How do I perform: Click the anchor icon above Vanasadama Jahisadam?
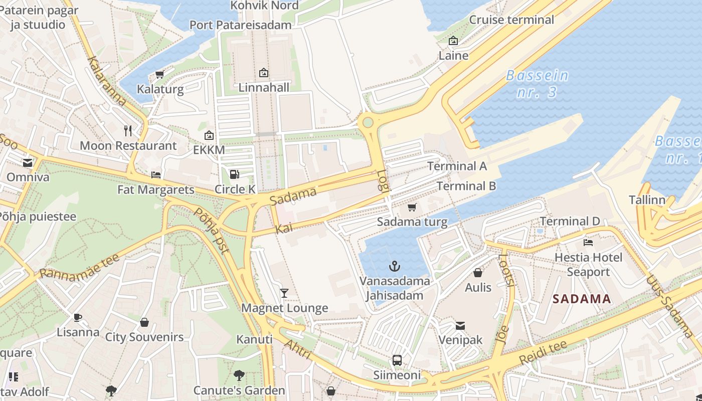(395, 266)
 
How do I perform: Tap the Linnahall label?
(264, 88)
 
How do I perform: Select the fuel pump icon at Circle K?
(234, 174)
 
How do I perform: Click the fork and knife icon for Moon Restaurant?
(128, 131)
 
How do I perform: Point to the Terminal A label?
(457, 166)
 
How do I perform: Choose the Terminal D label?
(570, 221)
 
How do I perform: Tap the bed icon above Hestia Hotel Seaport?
(588, 243)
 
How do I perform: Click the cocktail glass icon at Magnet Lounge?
(284, 293)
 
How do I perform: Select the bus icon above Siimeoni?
(397, 360)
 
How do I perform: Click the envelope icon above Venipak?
(460, 326)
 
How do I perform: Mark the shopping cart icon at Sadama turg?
(412, 207)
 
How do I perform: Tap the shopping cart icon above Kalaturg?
(160, 75)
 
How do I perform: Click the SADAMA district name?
(582, 299)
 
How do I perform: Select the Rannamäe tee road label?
(79, 266)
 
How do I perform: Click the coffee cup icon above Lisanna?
(78, 317)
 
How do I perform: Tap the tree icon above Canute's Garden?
(239, 375)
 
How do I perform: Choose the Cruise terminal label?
(511, 20)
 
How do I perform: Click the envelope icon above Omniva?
(28, 162)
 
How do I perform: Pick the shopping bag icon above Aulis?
(478, 273)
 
